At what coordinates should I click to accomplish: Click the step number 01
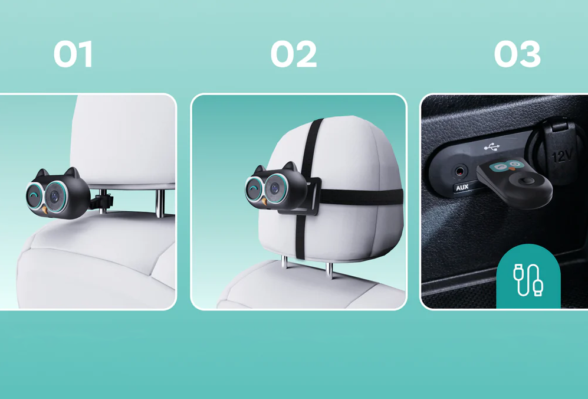pos(73,54)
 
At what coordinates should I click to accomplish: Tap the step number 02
pos(294,54)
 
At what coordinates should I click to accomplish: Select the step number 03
pos(517,54)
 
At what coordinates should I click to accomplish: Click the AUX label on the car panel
pos(462,187)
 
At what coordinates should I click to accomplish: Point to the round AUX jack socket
pos(461,172)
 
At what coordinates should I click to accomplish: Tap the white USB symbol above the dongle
pos(492,148)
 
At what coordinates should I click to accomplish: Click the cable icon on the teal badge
pos(528,280)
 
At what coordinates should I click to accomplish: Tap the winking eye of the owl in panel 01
pos(34,195)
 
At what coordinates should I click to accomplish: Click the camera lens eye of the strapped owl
pos(274,188)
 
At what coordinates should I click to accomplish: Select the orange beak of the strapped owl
pos(265,201)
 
